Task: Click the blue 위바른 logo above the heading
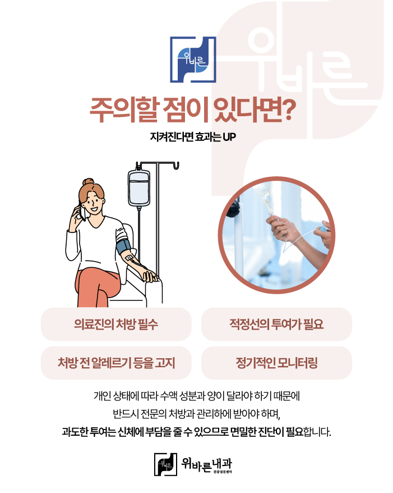(x=193, y=60)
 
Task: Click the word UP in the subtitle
(x=229, y=137)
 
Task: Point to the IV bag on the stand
(x=138, y=187)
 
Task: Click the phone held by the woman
(x=82, y=212)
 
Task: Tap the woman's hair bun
(x=88, y=182)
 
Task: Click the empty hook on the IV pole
(x=177, y=166)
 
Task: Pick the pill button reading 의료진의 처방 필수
(x=116, y=324)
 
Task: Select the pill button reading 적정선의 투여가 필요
(x=276, y=324)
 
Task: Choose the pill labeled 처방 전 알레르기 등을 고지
(x=116, y=363)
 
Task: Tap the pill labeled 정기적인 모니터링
(x=276, y=363)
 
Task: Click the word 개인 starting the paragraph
(x=103, y=396)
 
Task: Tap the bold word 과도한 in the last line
(x=75, y=432)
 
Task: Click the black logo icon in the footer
(x=165, y=464)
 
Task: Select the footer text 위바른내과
(x=206, y=464)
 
